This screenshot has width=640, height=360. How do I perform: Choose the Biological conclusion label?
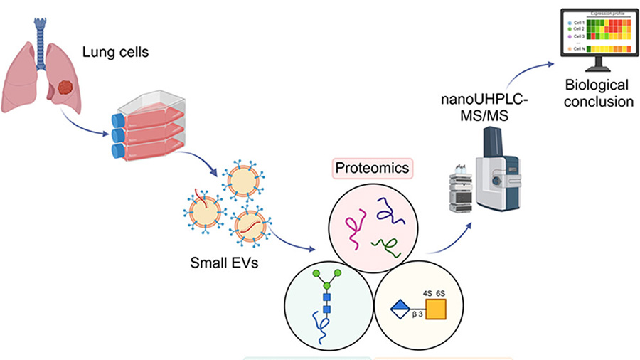pyautogui.click(x=599, y=93)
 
